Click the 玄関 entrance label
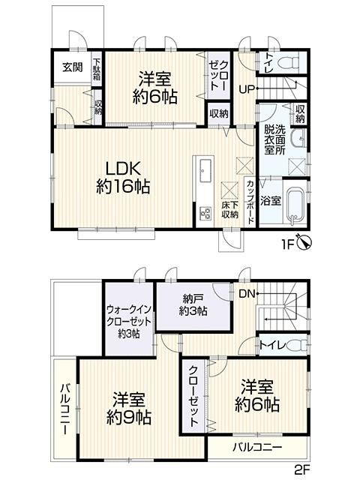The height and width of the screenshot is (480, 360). pos(73,67)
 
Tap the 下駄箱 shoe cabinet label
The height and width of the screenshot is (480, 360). pos(97,69)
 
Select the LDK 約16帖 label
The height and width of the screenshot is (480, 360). pos(123,178)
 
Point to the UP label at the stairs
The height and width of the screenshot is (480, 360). pos(247,89)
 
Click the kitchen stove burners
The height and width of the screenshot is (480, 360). pos(205,213)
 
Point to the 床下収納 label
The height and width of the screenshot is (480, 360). pos(230,210)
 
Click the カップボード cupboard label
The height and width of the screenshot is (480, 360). pos(250,202)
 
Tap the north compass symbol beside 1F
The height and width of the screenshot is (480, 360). pos(305,243)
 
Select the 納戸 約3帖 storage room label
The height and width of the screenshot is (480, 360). pos(193,305)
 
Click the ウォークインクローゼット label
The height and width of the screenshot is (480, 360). pos(129,322)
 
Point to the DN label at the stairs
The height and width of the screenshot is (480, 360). pos(247,294)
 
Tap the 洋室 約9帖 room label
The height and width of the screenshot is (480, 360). pos(129,408)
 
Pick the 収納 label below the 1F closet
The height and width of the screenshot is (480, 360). pos(219,114)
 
